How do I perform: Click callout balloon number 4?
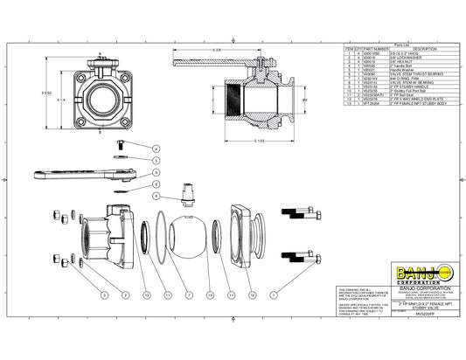point(156,149)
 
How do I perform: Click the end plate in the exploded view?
point(248,233)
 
